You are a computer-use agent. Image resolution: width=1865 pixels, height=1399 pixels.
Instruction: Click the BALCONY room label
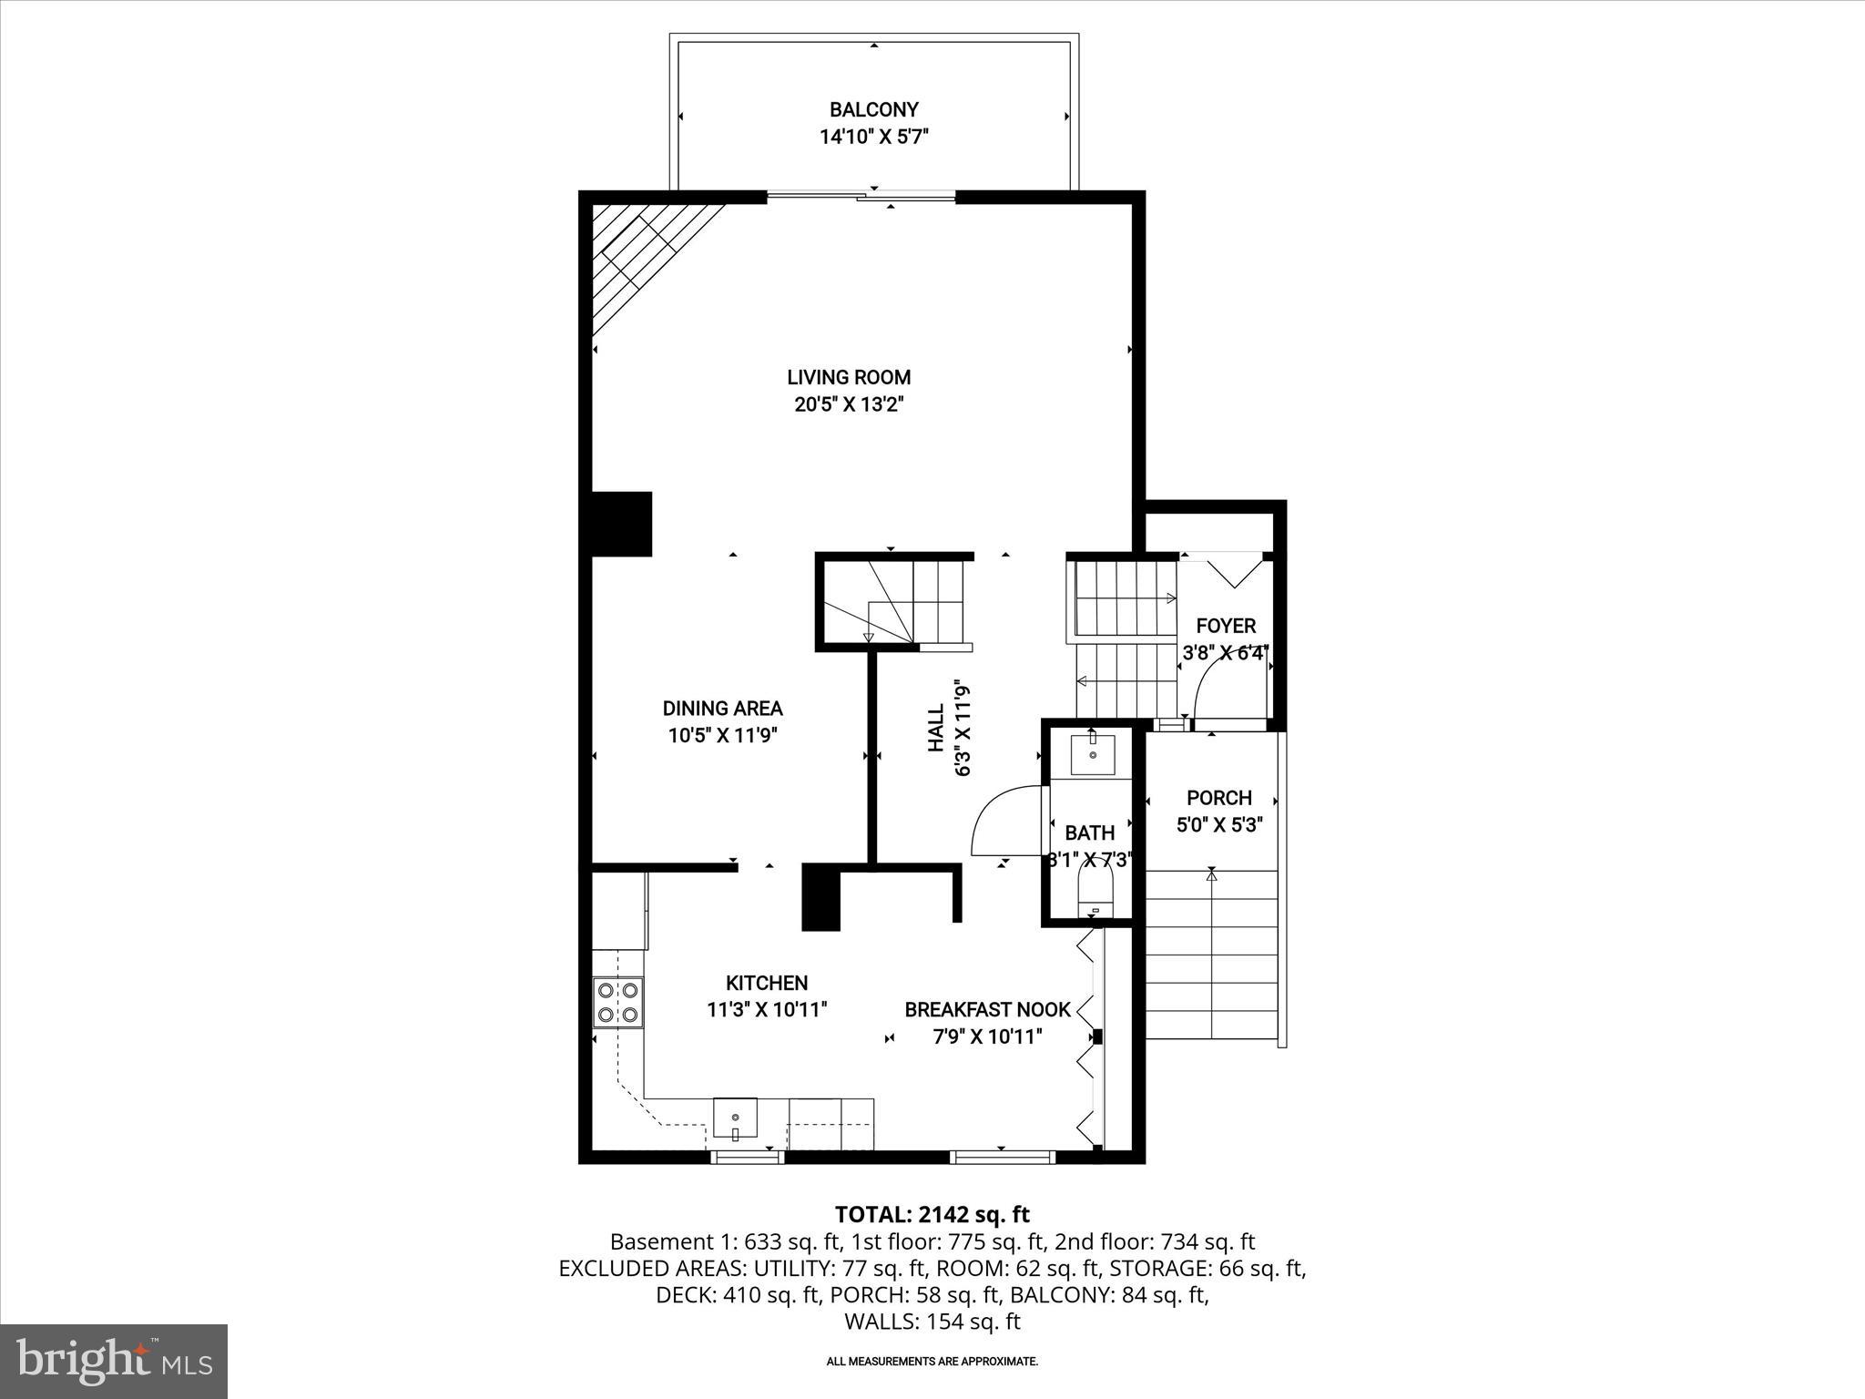pyautogui.click(x=873, y=110)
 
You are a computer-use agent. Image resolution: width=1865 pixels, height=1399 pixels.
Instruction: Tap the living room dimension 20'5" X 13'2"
pyautogui.click(x=848, y=404)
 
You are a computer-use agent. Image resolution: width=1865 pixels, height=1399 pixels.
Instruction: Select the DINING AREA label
pyautogui.click(x=722, y=708)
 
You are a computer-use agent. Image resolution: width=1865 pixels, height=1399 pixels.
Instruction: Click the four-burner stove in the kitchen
pyautogui.click(x=617, y=1002)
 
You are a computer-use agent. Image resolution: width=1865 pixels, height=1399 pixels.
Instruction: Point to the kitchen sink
pyautogui.click(x=735, y=1118)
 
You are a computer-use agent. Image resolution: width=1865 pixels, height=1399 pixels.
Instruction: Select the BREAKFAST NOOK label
pyautogui.click(x=987, y=1009)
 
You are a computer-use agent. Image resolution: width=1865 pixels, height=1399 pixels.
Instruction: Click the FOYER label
pyautogui.click(x=1226, y=626)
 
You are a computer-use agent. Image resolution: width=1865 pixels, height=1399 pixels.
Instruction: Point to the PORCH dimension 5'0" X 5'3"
pyautogui.click(x=1219, y=825)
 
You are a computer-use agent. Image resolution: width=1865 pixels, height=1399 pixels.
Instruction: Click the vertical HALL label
pyautogui.click(x=936, y=729)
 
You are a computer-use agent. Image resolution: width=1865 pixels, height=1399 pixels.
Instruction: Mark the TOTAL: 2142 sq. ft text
pyautogui.click(x=932, y=1214)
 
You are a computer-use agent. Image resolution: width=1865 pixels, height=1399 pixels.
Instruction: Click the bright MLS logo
pyautogui.click(x=114, y=1362)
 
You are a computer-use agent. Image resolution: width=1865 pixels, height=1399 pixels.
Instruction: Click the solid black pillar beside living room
pyautogui.click(x=622, y=524)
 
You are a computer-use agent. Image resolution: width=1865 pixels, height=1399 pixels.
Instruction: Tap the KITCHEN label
pyautogui.click(x=767, y=983)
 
